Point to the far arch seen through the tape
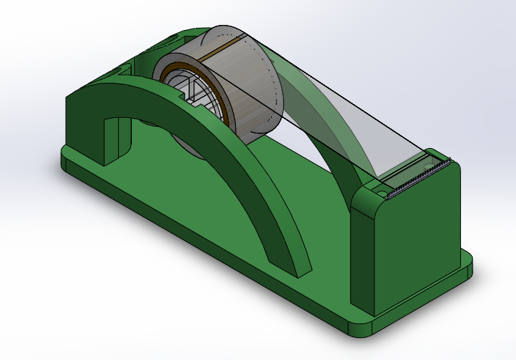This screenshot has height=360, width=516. click(322, 132)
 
